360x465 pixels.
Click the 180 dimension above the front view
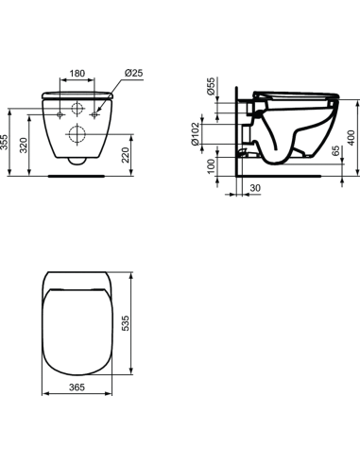77,72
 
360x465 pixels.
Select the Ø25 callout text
132,73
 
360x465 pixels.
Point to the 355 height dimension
7,142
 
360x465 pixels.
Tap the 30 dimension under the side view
254,188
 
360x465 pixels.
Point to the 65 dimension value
335,150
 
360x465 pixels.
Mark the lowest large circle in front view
77,135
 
